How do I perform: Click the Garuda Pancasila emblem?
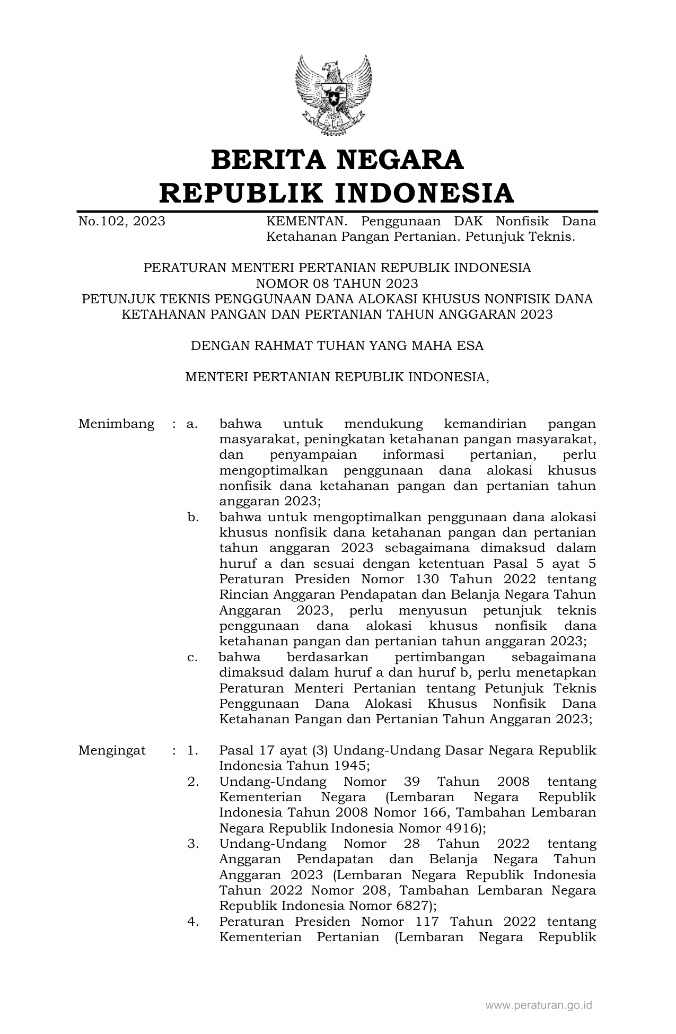333,94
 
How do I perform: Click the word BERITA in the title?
265,160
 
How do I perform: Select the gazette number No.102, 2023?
121,221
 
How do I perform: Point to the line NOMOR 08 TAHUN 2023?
337,283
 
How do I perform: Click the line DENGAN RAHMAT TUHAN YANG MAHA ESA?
337,346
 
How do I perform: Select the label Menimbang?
116,424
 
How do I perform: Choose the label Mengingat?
112,751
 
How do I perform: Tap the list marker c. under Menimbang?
192,658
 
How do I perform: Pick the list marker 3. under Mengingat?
193,844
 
